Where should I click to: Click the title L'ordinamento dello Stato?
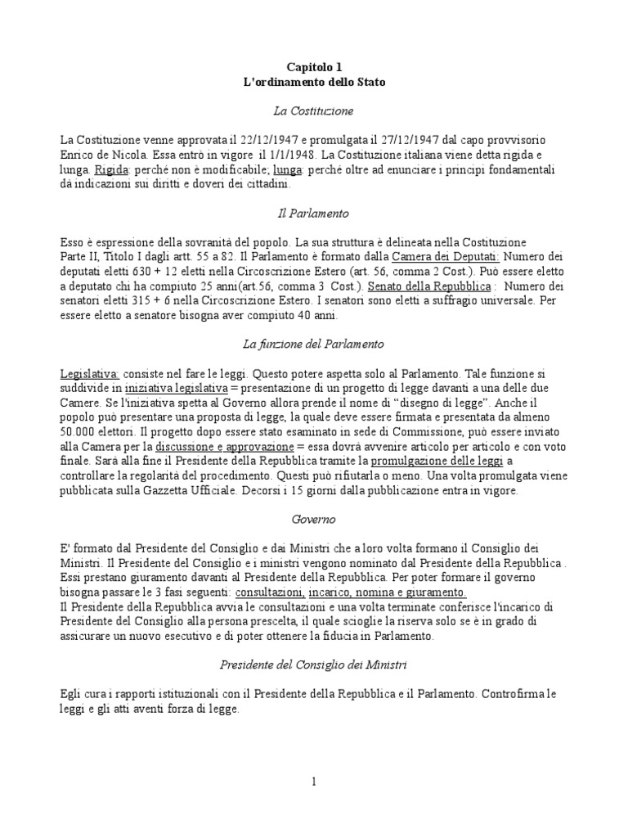click(314, 83)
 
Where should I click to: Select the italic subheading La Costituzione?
click(314, 110)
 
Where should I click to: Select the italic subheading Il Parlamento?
click(314, 213)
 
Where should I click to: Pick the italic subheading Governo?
click(314, 520)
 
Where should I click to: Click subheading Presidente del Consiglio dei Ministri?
click(314, 665)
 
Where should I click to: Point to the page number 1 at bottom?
click(314, 782)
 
